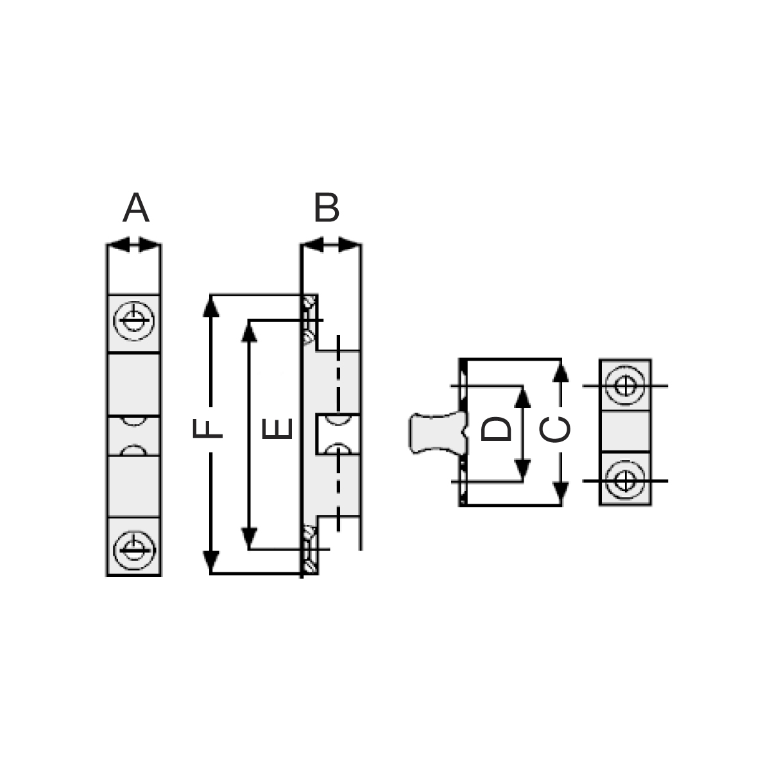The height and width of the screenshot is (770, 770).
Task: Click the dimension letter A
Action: click(x=135, y=207)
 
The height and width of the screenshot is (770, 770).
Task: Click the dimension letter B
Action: click(x=327, y=207)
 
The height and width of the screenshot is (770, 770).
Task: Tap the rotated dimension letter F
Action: click(x=207, y=428)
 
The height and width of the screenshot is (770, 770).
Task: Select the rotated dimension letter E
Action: click(x=277, y=428)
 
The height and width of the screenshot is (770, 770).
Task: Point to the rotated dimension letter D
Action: click(x=496, y=429)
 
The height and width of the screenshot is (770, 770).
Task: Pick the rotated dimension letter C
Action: click(x=554, y=429)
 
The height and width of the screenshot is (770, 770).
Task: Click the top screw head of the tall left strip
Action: click(x=134, y=320)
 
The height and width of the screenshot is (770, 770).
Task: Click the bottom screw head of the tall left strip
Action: click(x=134, y=550)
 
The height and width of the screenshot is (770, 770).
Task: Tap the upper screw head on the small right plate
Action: click(x=625, y=386)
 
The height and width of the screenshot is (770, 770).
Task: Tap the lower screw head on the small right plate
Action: click(x=625, y=481)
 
